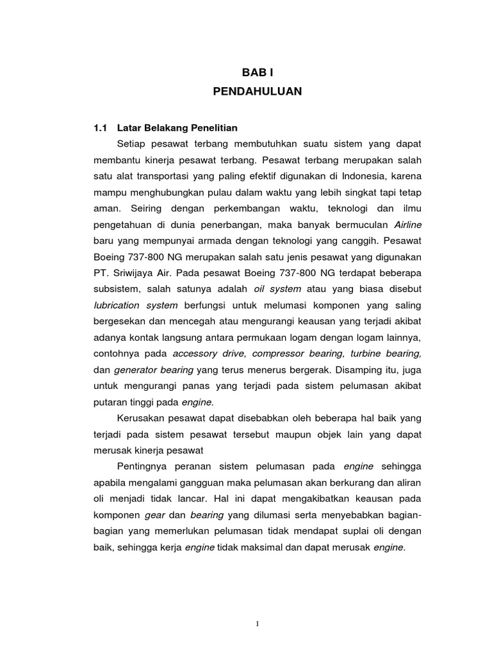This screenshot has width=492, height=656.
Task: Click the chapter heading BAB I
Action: click(257, 74)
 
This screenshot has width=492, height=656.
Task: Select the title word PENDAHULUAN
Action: click(257, 92)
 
